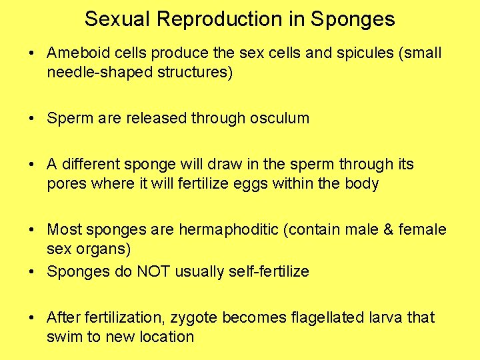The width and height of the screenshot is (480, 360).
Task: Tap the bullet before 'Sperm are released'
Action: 32,119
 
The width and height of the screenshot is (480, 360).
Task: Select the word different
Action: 92,164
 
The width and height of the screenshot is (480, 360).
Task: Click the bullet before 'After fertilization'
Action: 32,317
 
